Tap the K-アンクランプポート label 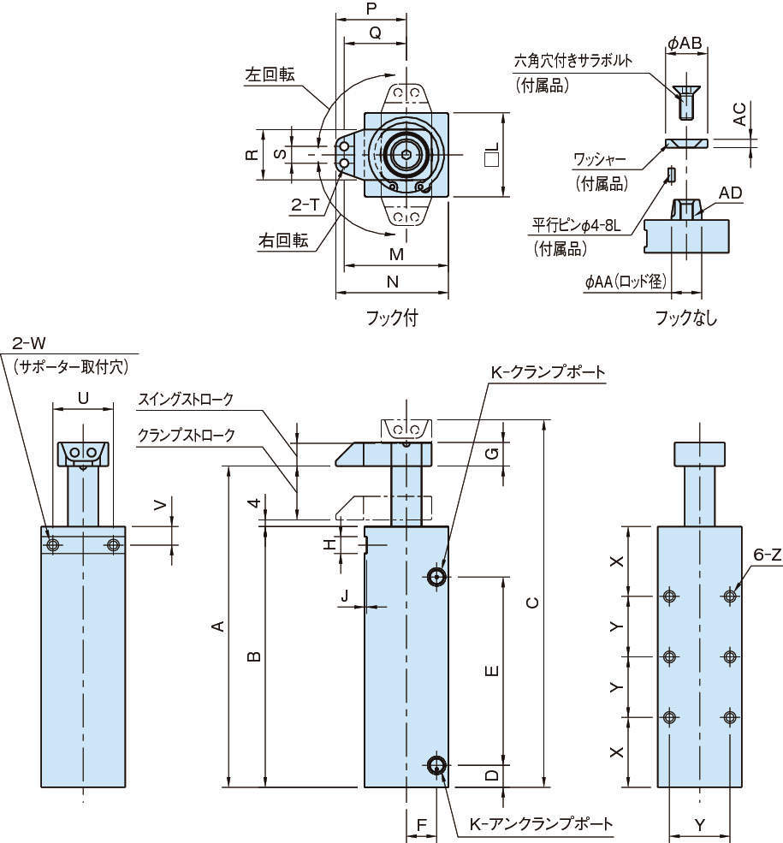541,824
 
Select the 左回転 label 270,74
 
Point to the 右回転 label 282,240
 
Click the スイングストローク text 186,400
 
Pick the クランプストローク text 187,434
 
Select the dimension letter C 531,603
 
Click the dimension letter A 218,626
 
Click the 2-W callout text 29,344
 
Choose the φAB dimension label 685,42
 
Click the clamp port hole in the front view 437,577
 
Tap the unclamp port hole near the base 437,764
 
